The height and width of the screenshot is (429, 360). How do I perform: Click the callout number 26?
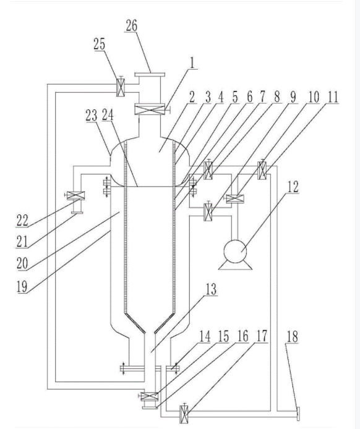coord(131,25)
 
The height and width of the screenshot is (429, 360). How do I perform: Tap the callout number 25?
coord(99,44)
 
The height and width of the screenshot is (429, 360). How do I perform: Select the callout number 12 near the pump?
coord(293,187)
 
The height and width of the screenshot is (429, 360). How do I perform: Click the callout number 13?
coord(211,289)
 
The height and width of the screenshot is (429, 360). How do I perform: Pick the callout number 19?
coord(22,286)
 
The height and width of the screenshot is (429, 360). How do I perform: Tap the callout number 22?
coord(22,220)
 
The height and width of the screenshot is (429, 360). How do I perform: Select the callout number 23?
coord(92,116)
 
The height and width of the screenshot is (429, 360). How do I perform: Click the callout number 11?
coord(333,97)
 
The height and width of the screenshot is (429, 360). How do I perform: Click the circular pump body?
coord(235,251)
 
